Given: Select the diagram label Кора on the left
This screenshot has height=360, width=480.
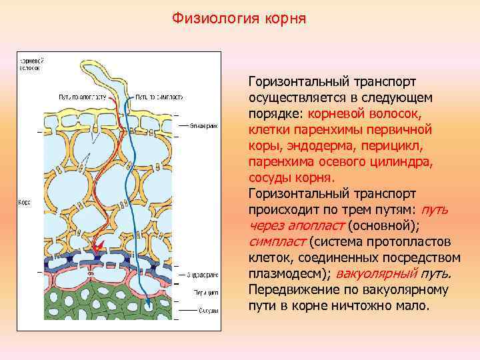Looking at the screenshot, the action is point(24,201).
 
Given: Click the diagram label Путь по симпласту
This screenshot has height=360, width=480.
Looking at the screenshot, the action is point(157,97).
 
